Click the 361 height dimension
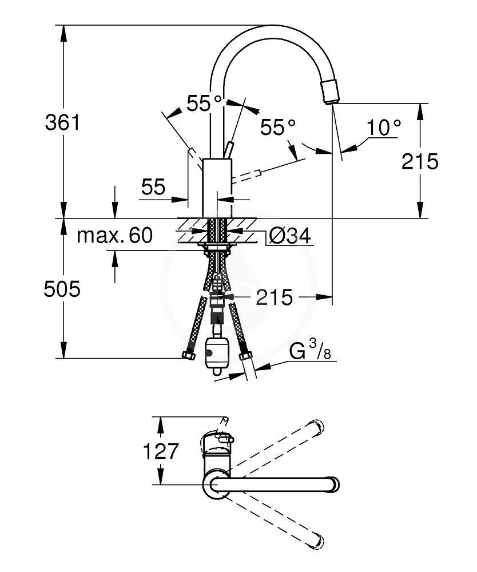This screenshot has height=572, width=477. click(x=62, y=122)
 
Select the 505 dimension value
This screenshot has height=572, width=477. click(x=62, y=289)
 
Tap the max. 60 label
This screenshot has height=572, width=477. click(x=114, y=235)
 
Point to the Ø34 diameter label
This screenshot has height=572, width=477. click(x=289, y=236)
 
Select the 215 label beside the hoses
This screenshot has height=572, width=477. click(x=274, y=297)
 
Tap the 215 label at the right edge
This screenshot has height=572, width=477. click(x=419, y=162)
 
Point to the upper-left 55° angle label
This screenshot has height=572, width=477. click(x=204, y=104)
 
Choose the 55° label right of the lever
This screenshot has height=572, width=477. click(x=279, y=127)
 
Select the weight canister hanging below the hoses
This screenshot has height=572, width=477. click(x=216, y=351)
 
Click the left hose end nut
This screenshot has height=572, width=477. click(x=189, y=356)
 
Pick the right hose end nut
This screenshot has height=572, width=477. click(x=247, y=356)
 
